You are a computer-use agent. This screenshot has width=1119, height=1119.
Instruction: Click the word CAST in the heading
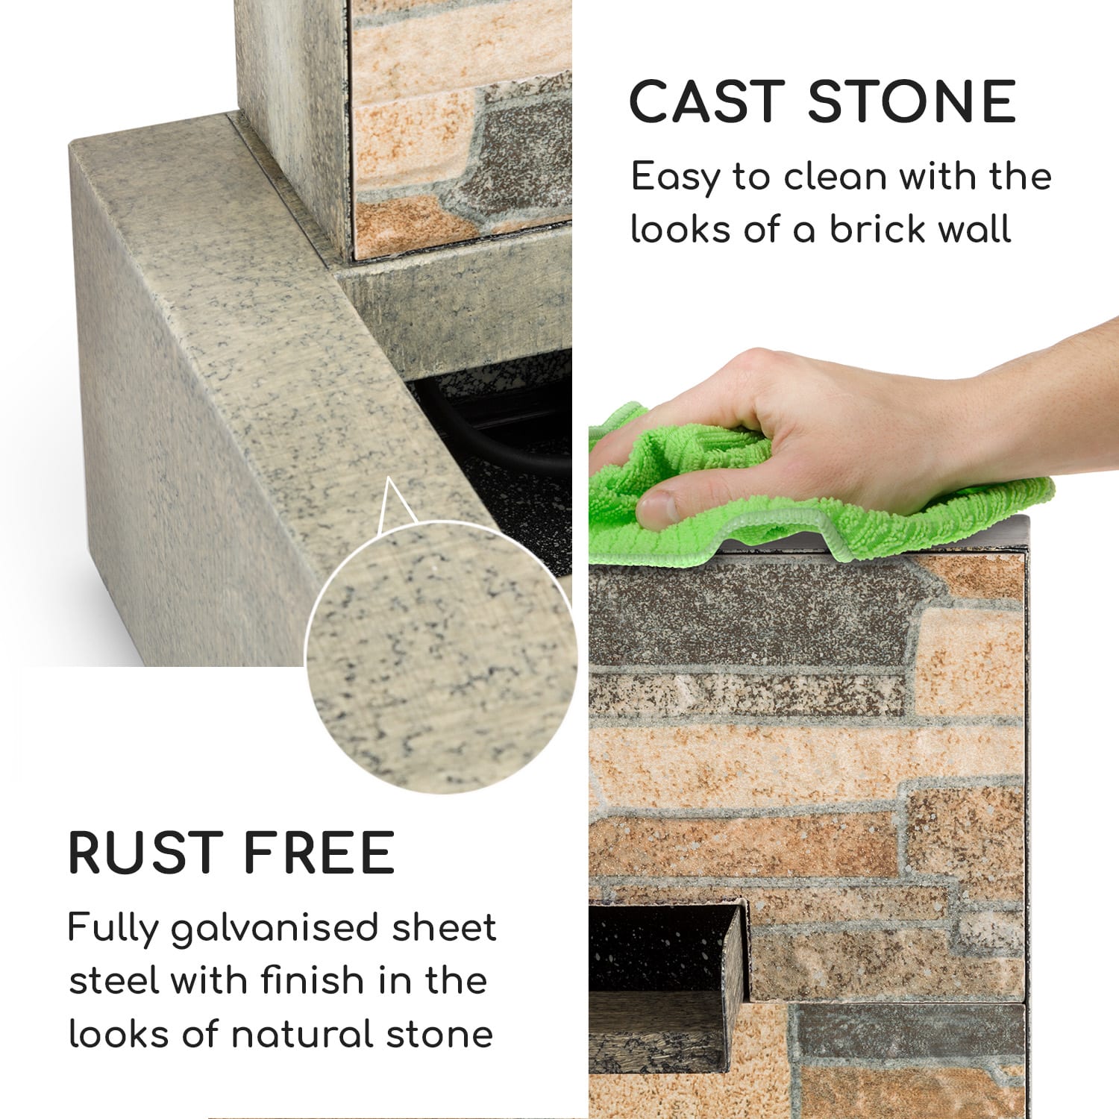tap(705, 101)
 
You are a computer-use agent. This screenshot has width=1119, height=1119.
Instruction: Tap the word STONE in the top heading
tap(912, 101)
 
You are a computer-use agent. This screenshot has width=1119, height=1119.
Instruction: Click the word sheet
tap(444, 928)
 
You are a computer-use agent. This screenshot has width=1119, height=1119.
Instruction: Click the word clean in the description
tap(835, 177)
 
